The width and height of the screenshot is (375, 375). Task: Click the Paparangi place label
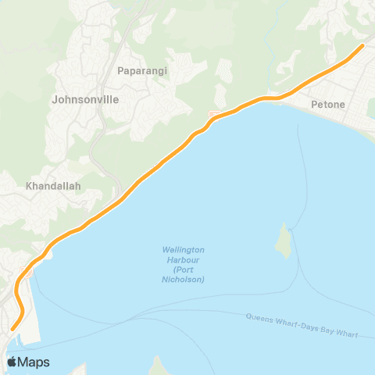click(142, 70)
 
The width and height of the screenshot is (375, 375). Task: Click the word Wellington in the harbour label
click(184, 250)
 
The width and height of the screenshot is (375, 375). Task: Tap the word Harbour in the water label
click(184, 260)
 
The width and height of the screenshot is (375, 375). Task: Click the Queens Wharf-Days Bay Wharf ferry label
click(302, 325)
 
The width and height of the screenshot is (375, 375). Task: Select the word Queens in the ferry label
click(260, 319)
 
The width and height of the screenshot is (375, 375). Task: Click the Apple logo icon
click(12, 362)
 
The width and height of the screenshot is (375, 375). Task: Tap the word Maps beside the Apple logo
click(34, 362)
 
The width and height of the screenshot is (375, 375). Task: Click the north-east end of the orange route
click(362, 46)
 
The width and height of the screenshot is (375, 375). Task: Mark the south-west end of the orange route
click(12, 327)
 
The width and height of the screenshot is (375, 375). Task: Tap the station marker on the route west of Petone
click(212, 116)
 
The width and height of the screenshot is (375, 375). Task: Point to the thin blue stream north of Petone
click(268, 55)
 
